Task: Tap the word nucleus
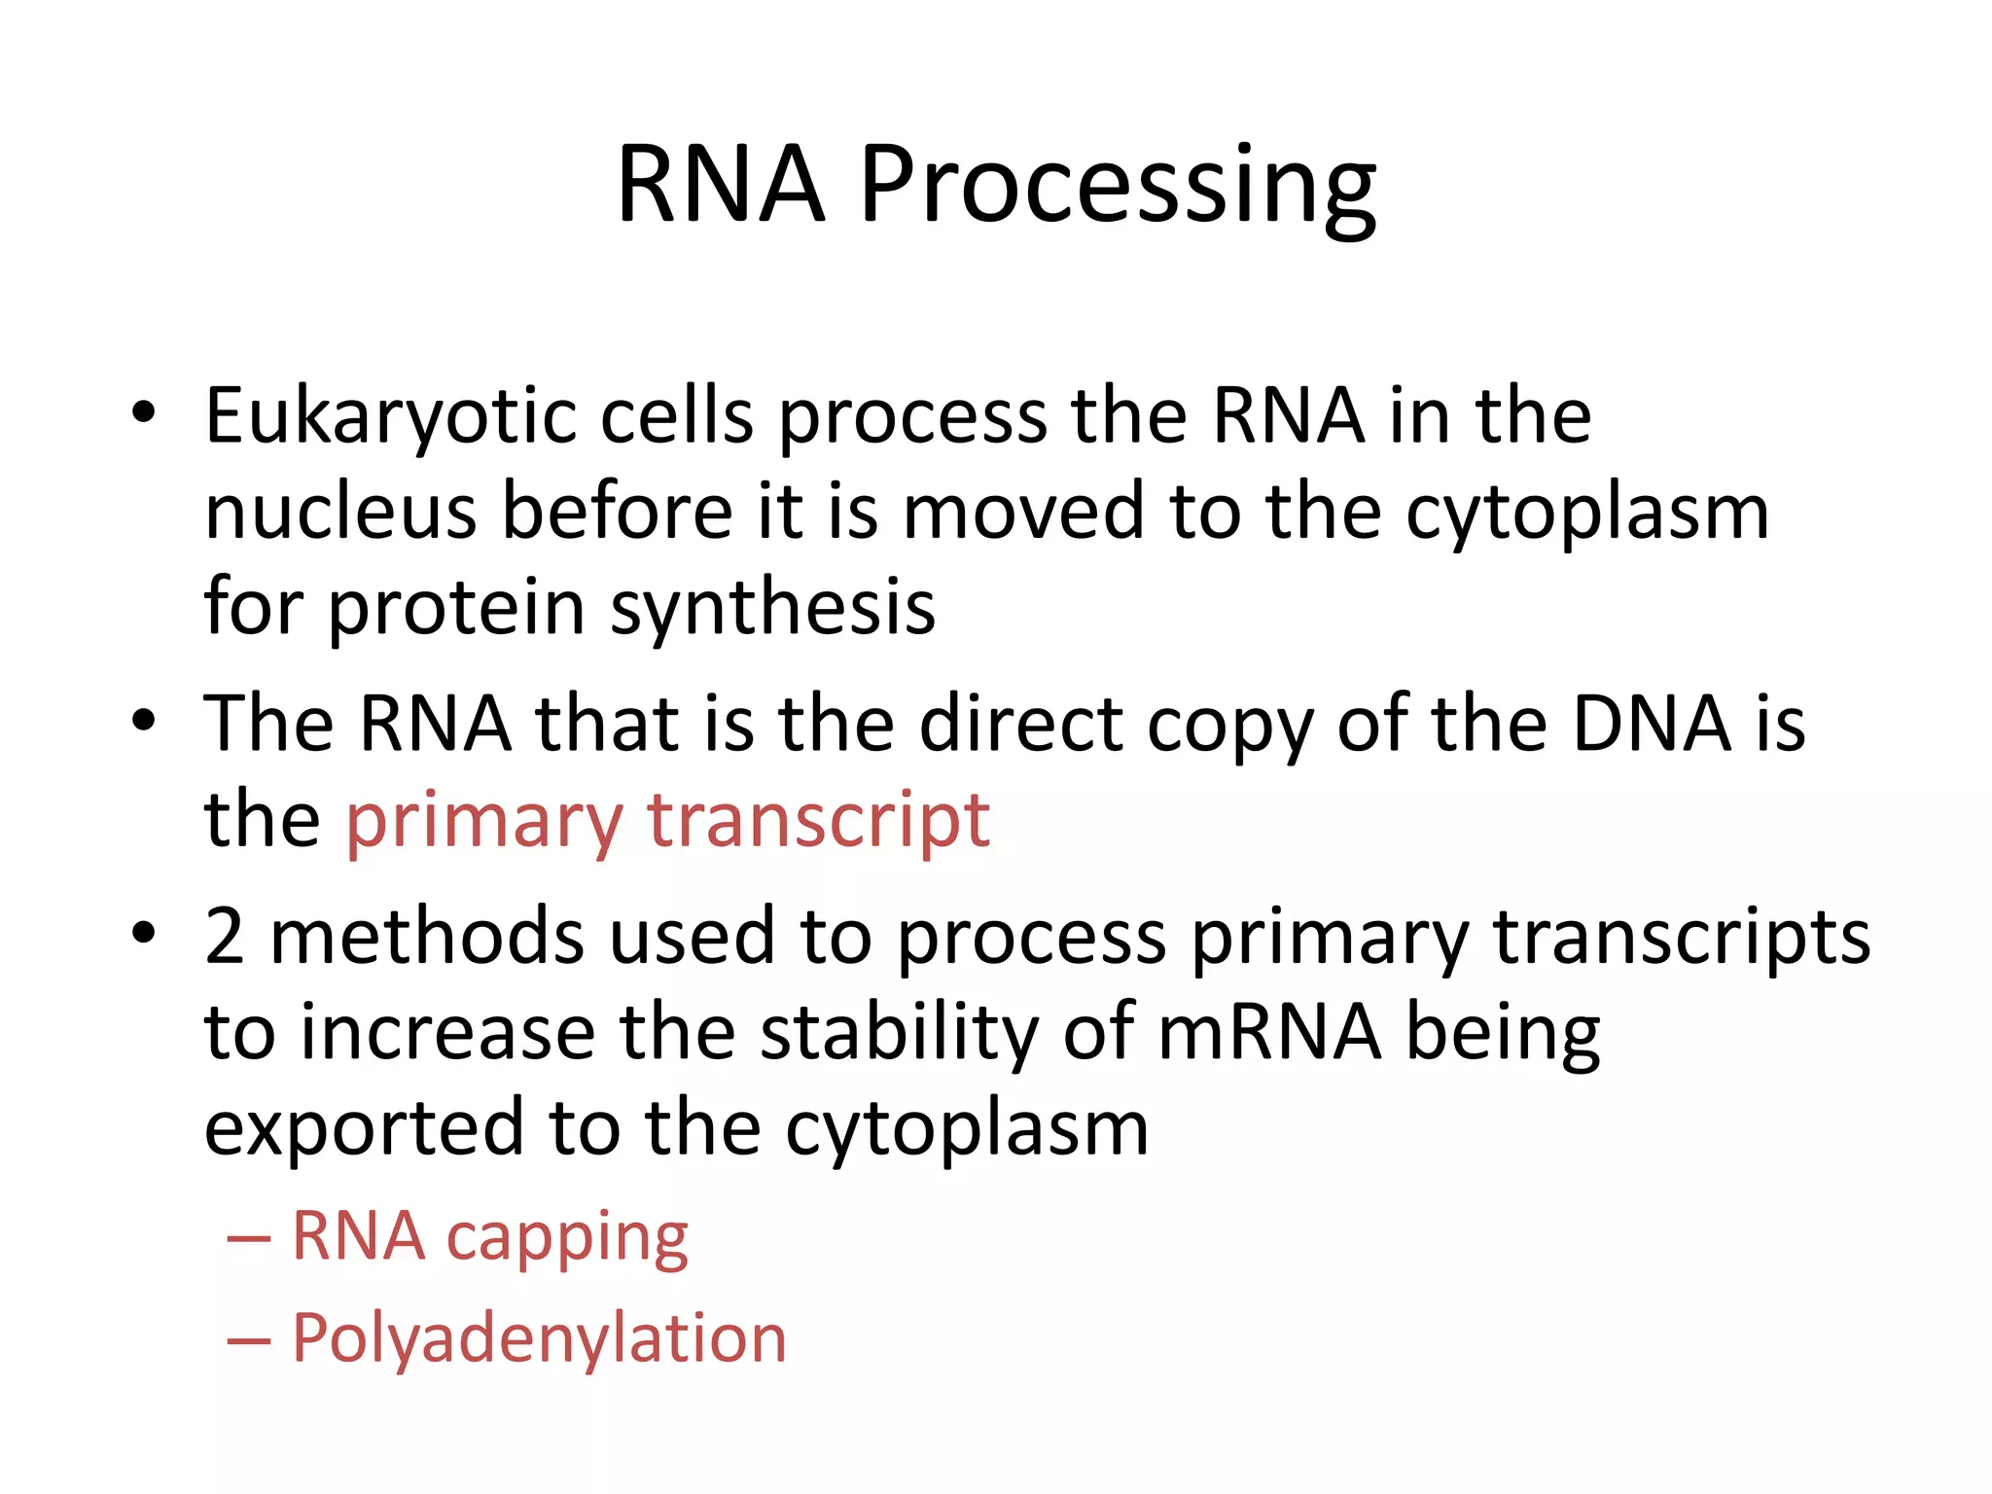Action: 340,513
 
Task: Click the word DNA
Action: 1653,725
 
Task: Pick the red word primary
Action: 483,822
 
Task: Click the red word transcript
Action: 819,822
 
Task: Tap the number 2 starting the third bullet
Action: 225,937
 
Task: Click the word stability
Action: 899,1032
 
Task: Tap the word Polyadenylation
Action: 539,1340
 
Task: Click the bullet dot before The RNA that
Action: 144,721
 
